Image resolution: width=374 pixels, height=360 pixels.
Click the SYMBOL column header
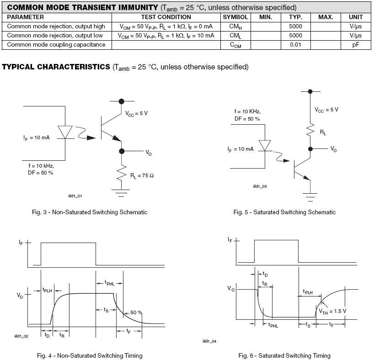(x=235, y=17)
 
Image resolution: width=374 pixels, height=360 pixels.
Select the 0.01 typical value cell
(x=296, y=44)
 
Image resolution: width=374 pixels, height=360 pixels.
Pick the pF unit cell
(x=355, y=44)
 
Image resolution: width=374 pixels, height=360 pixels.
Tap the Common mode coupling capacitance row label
(x=56, y=44)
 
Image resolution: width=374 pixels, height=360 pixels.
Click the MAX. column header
(x=326, y=17)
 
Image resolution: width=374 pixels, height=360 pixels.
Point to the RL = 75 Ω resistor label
(x=142, y=175)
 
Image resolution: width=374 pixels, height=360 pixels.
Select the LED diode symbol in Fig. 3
(x=67, y=132)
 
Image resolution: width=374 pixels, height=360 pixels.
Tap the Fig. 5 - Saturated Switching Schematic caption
(x=284, y=212)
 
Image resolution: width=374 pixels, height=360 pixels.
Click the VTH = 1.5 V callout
(x=333, y=311)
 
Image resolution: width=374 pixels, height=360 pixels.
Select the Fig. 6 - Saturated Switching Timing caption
(x=284, y=355)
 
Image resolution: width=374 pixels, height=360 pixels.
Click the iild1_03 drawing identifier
(x=260, y=186)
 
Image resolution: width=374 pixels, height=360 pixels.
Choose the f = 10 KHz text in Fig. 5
(x=247, y=111)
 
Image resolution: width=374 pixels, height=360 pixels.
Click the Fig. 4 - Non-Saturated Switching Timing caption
(x=90, y=355)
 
